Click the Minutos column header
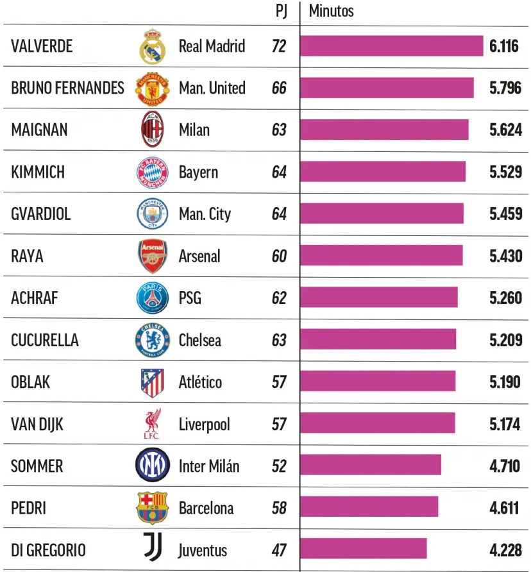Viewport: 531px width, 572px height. (x=331, y=11)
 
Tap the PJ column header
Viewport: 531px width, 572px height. (x=280, y=11)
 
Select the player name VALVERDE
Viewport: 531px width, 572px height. (x=42, y=46)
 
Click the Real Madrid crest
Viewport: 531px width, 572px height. (x=153, y=46)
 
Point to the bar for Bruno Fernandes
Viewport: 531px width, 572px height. (x=387, y=88)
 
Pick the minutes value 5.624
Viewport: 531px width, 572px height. (x=505, y=130)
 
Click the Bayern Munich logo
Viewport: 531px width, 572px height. (x=153, y=172)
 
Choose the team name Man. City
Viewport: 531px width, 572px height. (x=205, y=214)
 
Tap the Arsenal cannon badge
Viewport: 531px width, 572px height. (x=153, y=256)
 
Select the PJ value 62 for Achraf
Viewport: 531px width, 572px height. (x=279, y=298)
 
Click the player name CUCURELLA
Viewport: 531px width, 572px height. (x=45, y=340)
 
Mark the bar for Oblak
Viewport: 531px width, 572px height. (x=378, y=382)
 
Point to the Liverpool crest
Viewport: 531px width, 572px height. (x=153, y=424)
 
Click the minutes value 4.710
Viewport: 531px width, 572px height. (x=505, y=466)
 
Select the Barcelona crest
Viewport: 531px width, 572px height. (x=153, y=508)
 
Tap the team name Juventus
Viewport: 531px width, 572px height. (x=203, y=550)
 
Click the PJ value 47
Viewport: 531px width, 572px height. (x=279, y=550)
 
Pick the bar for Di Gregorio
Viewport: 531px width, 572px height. (x=363, y=548)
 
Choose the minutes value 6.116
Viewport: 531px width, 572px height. (x=504, y=46)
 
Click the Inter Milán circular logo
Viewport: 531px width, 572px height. (x=153, y=466)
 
